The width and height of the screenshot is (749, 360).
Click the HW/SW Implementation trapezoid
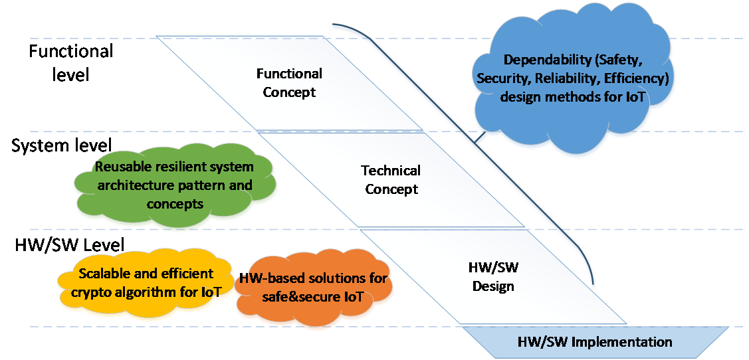(594, 343)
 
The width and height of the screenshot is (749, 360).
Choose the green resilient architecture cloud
(174, 185)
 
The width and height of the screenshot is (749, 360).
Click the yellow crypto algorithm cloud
(146, 283)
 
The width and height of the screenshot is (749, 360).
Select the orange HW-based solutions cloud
(314, 288)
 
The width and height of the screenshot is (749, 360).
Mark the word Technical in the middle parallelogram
(390, 171)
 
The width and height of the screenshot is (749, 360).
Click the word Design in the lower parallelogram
(493, 287)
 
